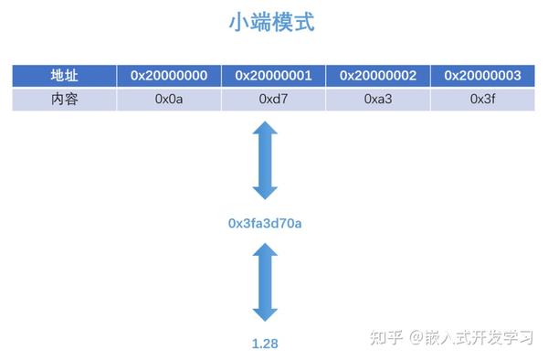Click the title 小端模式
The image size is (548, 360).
click(271, 22)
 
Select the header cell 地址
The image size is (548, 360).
click(64, 76)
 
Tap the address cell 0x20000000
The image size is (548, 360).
click(169, 76)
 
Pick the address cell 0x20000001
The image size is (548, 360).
click(273, 76)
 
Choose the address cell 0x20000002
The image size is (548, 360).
click(378, 76)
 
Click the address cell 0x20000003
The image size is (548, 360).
click(482, 76)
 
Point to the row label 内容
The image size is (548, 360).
click(64, 99)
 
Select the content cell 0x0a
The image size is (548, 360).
click(169, 99)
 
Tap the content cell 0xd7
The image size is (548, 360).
click(273, 99)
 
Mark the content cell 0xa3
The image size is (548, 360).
click(378, 99)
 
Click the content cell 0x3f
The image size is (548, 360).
click(482, 99)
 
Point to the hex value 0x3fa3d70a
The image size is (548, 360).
click(265, 222)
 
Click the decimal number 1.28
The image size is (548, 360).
click(265, 344)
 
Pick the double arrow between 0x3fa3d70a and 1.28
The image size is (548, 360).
click(265, 282)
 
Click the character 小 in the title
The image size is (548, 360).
click(239, 22)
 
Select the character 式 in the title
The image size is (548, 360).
click(304, 22)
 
